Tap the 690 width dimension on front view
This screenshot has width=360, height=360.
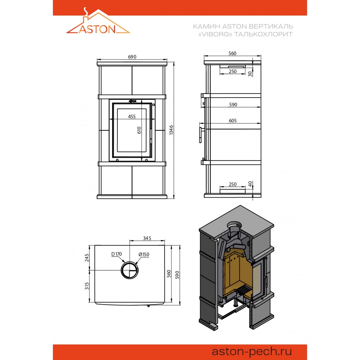(x=132, y=57)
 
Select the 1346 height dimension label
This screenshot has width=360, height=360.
(x=171, y=130)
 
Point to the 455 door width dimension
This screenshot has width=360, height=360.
(x=132, y=116)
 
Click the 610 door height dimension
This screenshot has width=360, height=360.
(x=139, y=130)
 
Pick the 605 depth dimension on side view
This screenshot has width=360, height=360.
(x=233, y=121)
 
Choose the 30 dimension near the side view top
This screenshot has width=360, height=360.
(x=250, y=74)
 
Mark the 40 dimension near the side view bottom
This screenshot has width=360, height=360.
(x=250, y=184)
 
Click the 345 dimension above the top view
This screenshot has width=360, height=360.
(x=147, y=238)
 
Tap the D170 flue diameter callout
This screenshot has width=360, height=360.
(x=116, y=254)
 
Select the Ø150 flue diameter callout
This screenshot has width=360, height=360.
(x=144, y=255)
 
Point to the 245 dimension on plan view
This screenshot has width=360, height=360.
(x=87, y=258)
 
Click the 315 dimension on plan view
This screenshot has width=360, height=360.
(x=87, y=286)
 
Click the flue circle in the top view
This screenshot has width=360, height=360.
(x=130, y=261)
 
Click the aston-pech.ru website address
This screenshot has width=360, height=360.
(x=252, y=351)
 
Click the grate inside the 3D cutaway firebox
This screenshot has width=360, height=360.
(x=243, y=292)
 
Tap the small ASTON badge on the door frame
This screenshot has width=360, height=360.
(x=132, y=101)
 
